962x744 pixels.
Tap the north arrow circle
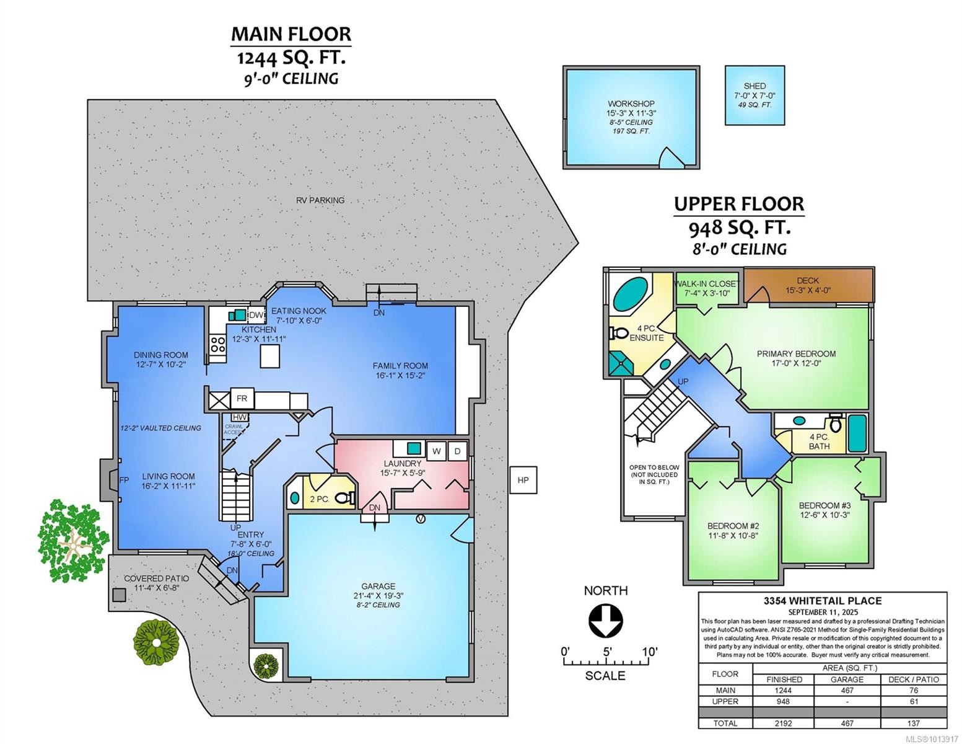(605, 621)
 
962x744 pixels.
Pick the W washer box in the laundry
(437, 451)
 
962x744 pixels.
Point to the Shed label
(754, 86)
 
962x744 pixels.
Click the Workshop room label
(631, 104)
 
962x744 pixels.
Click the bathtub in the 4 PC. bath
(858, 433)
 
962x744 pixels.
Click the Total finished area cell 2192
(784, 723)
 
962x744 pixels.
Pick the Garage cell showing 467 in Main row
(847, 690)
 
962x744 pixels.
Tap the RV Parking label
(320, 200)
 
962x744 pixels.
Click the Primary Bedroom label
(796, 354)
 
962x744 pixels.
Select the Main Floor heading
(291, 33)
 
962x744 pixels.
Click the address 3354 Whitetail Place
(822, 600)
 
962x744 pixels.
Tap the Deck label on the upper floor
(808, 281)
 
